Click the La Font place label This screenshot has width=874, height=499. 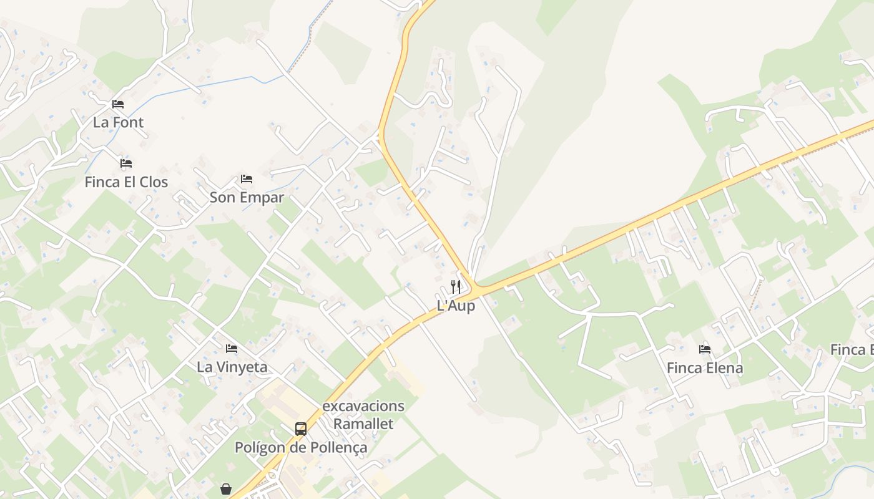tap(118, 122)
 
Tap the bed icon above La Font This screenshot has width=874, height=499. tap(118, 104)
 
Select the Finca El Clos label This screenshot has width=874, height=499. tap(126, 182)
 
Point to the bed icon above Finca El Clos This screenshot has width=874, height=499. tap(126, 163)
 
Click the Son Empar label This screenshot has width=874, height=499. tap(247, 198)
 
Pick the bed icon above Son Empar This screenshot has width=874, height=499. tap(247, 179)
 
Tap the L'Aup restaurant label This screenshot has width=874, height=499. tap(456, 306)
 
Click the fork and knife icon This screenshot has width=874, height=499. tap(456, 287)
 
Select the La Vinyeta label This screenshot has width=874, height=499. tap(232, 367)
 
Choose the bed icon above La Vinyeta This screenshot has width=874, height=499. tap(232, 348)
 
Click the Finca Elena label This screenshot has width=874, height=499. tap(705, 368)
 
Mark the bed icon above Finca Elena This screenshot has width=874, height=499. tap(705, 349)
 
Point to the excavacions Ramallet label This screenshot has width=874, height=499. tap(363, 415)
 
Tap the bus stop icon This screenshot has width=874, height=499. tap(301, 429)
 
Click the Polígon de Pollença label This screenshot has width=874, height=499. tap(301, 448)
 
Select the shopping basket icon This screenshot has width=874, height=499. tap(226, 489)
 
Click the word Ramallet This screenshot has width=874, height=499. tap(363, 424)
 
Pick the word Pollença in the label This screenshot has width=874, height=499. tap(340, 448)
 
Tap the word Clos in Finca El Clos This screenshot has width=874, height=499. tap(154, 182)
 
